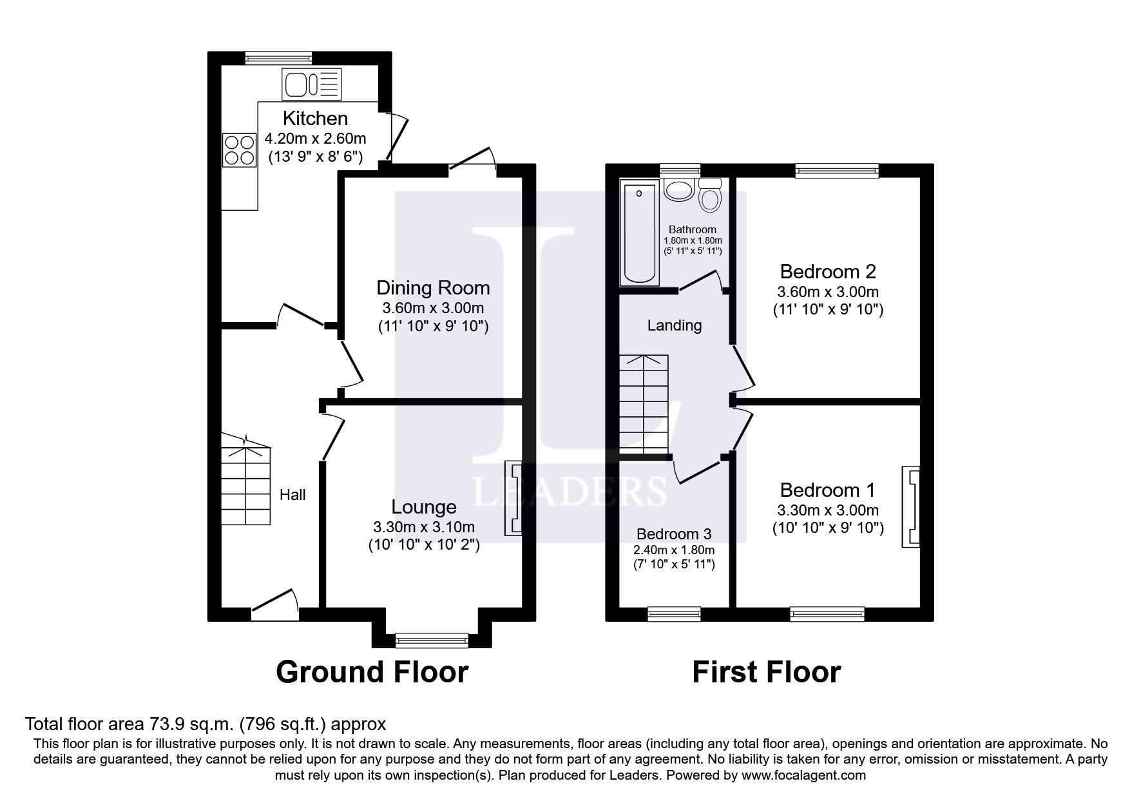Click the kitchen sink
[x=311, y=84]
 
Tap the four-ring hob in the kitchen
[x=239, y=149]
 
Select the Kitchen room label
[x=316, y=119]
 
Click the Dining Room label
[x=433, y=287]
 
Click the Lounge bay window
[x=432, y=640]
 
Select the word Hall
[x=292, y=495]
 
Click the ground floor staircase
[x=246, y=479]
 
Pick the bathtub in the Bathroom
[x=639, y=233]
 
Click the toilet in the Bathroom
[x=710, y=195]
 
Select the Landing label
[x=675, y=325]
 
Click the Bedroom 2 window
[x=837, y=170]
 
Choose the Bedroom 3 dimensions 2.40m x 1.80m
[x=675, y=550]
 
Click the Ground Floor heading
[x=372, y=672]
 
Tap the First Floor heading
[x=767, y=672]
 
